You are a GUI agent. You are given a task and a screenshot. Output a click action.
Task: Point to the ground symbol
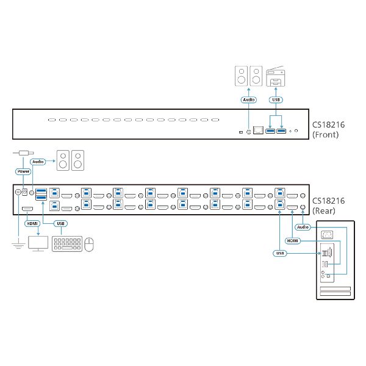(x=17, y=245)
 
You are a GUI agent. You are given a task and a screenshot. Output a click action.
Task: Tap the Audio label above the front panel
(x=248, y=99)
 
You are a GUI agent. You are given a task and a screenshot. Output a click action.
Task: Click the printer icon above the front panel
(x=276, y=78)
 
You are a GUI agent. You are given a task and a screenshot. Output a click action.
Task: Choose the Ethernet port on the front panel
(x=259, y=131)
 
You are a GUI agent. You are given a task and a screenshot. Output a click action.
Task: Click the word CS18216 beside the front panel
(x=329, y=125)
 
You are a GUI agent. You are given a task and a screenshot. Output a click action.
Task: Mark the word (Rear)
(x=324, y=211)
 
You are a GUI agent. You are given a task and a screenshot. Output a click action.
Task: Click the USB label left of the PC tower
(x=279, y=252)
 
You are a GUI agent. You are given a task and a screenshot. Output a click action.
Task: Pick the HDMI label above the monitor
(x=32, y=223)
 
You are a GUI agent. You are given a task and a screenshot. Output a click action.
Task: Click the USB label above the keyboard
(x=60, y=223)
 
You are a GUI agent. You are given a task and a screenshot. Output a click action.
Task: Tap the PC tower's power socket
(x=328, y=234)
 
